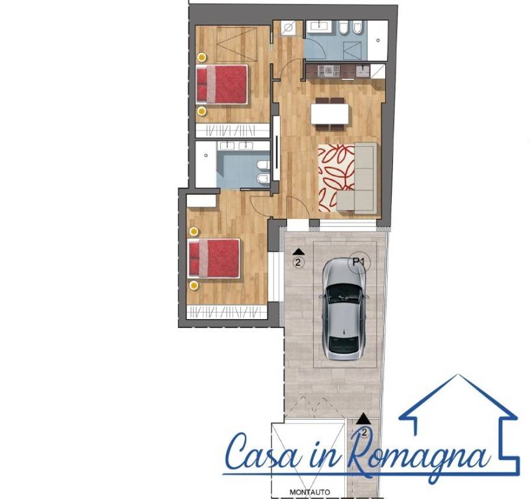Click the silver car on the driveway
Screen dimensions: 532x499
click(x=344, y=309)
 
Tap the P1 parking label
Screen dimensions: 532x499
click(x=359, y=262)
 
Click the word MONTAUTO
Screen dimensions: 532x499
click(x=310, y=492)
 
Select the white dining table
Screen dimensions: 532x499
click(x=330, y=114)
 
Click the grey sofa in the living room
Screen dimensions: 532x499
click(x=357, y=178)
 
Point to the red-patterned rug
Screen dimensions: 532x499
click(x=336, y=177)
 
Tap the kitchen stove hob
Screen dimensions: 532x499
click(x=329, y=71)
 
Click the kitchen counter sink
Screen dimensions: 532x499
click(x=362, y=71)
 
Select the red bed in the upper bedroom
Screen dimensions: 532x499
click(x=222, y=84)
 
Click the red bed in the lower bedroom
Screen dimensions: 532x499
click(x=214, y=259)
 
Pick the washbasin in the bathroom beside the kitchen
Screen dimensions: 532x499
click(x=320, y=26)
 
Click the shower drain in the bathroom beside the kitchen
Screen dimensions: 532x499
click(x=378, y=40)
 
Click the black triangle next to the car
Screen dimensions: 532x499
click(x=298, y=251)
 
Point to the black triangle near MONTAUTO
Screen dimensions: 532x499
click(x=364, y=418)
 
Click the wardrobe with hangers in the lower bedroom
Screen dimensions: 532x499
click(x=227, y=312)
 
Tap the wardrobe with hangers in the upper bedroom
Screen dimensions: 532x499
click(x=233, y=131)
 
